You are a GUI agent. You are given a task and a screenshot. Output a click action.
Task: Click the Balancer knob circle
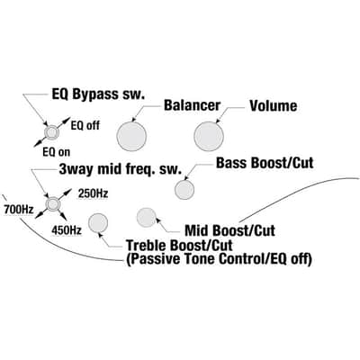pos(131,136)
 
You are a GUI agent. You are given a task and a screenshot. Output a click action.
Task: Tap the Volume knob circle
pos(209,136)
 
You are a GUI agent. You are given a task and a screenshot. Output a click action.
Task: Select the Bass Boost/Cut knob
pos(184,190)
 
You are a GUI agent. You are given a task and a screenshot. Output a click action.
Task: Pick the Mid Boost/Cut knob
pos(147,217)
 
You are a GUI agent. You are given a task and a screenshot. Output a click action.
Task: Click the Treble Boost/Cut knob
pos(98,223)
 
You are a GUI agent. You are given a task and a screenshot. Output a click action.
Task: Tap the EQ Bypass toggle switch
pos(51,132)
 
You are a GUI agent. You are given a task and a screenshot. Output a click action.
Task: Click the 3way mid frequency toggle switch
pos(53,204)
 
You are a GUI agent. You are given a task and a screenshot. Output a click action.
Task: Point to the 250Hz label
pos(93,193)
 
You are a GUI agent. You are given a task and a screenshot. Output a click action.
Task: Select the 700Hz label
pos(19,209)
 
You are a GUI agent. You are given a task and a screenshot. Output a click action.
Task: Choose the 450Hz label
pos(67,230)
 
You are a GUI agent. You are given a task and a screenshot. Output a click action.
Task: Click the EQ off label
pos(85,125)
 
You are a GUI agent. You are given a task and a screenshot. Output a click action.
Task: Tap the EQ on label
pos(57,152)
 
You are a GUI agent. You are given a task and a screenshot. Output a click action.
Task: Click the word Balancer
pos(192,105)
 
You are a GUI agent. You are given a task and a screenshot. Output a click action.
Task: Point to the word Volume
pos(274,106)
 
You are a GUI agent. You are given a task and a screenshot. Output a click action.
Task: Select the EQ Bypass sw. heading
pos(98,94)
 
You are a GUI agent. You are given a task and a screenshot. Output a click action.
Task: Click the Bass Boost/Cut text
pos(265,163)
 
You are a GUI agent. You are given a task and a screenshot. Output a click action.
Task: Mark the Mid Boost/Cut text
pos(229,230)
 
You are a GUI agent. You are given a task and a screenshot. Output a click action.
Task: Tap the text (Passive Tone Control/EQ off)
pos(219,259)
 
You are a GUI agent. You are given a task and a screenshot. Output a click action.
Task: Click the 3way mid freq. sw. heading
pos(121,170)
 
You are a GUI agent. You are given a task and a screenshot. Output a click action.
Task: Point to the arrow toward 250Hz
pos(64,195)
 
